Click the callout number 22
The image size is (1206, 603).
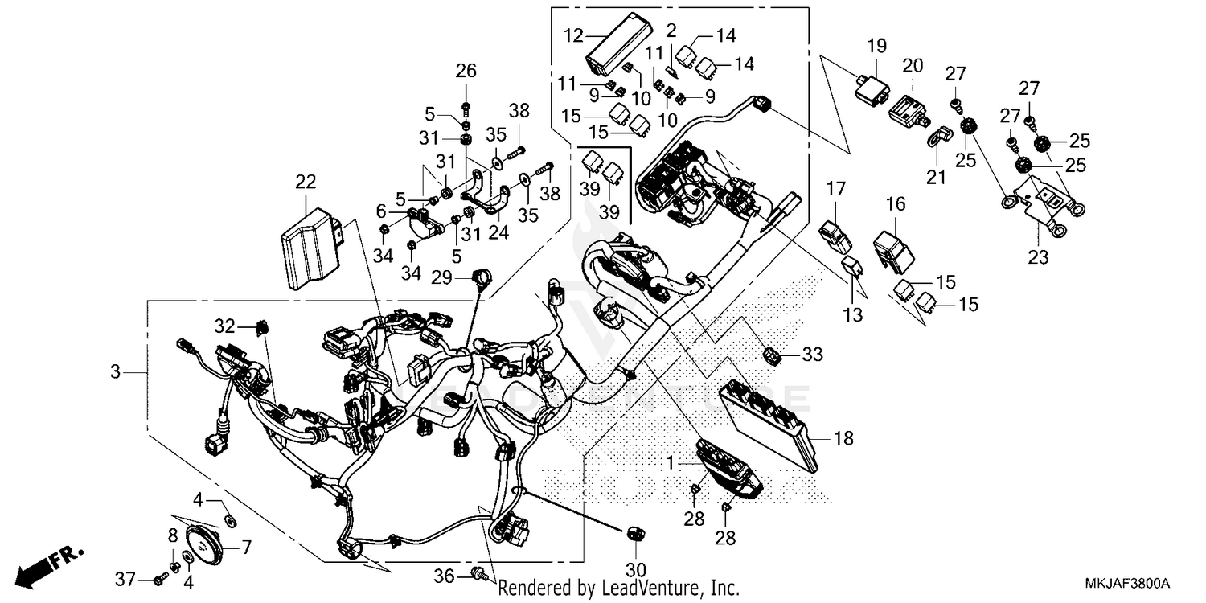point(306,182)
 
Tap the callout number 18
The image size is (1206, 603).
point(843,438)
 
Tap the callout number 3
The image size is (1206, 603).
point(117,372)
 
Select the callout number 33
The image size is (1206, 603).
point(813,355)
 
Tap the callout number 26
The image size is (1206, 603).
point(466,72)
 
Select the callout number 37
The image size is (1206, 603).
point(125,579)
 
